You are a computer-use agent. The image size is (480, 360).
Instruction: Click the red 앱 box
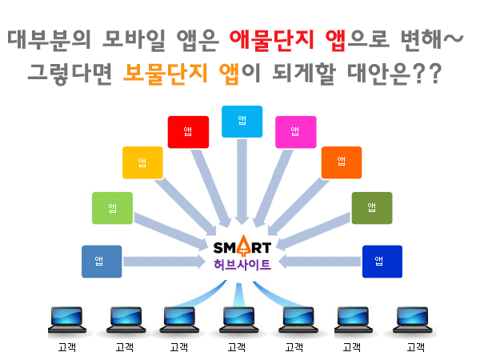coord(188,132)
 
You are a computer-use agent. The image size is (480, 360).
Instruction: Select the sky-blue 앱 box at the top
coord(242,122)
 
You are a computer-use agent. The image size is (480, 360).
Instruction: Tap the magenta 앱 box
coord(296,132)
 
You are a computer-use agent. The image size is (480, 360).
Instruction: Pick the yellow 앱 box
coord(142,162)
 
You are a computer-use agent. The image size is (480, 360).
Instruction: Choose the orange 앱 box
coord(342,162)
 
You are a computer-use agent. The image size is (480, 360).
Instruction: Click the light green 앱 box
coord(112,208)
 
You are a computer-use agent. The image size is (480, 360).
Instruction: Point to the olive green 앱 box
coord(372,208)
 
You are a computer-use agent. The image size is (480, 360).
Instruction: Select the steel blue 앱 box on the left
coord(102,262)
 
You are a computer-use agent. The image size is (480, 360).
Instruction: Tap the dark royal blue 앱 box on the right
coord(382,262)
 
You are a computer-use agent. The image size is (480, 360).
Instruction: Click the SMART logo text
coord(242,246)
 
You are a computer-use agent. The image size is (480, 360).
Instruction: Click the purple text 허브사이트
coord(242,264)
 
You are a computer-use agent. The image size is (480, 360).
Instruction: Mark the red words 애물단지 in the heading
coord(272,40)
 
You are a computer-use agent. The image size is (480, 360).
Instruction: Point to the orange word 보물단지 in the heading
coord(166,74)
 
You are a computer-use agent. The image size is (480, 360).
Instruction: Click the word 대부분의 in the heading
coord(50,40)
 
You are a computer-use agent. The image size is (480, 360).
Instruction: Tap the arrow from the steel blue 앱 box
coord(164,262)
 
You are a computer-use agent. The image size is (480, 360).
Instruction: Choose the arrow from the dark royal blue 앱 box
coord(320,262)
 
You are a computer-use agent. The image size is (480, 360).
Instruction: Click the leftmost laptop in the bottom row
coord(67,319)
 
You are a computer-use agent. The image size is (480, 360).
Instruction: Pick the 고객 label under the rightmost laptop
coord(416,347)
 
